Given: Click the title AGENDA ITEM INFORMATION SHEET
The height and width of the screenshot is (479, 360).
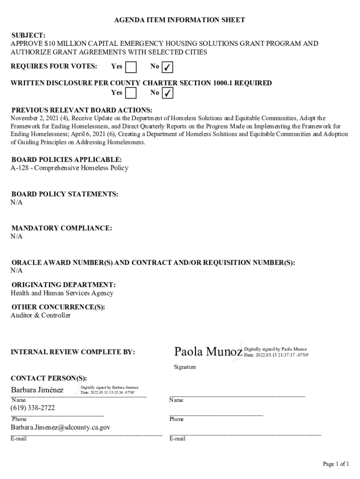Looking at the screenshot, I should coord(180,20).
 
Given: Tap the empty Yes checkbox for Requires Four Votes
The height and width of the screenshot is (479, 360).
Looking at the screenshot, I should coord(131,67).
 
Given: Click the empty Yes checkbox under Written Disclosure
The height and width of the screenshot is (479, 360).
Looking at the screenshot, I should coord(131,93).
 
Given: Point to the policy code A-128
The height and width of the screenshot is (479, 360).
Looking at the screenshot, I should coord(20,168).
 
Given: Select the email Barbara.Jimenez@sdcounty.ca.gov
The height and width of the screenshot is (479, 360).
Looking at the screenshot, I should coord(61,428).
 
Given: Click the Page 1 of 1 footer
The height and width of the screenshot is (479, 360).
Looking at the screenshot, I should coord(336,464).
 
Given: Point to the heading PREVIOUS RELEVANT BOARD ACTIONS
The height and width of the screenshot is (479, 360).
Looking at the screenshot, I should coord(82,110).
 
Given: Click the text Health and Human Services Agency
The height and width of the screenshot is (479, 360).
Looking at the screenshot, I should coord(62,293).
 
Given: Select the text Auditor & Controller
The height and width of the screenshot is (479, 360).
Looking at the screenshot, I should coord(41,316).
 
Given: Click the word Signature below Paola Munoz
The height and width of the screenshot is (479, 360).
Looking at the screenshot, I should coord(185,367).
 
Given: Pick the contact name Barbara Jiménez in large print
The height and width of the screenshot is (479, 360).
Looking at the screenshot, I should coord(37,390).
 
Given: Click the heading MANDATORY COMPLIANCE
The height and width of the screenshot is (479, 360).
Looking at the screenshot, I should coord(62,228).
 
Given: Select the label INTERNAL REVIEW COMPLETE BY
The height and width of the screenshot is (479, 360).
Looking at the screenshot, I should coord(73,352).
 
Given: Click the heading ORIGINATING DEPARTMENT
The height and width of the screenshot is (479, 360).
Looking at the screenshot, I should coord(64,285).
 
